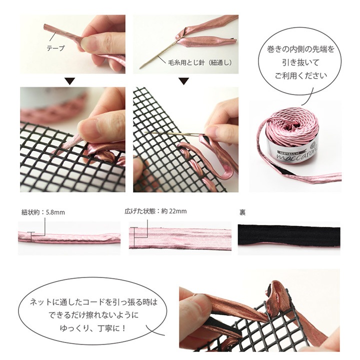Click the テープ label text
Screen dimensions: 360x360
[x=56, y=48]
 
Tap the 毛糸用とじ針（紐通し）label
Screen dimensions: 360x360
[x=199, y=62]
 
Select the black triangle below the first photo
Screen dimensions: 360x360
[x=70, y=81]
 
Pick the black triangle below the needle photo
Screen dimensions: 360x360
[x=183, y=81]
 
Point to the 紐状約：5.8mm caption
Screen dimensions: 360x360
[x=43, y=212]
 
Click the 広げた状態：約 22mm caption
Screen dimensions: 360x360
[x=155, y=211]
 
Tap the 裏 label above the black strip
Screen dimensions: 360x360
[x=242, y=212]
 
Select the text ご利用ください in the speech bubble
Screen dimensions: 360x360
[x=301, y=75]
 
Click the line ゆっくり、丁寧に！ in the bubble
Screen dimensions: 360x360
[x=93, y=328]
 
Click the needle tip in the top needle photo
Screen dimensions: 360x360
[x=140, y=68]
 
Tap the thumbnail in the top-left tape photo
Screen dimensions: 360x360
[x=87, y=43]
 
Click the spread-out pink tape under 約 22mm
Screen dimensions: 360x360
[x=180, y=238]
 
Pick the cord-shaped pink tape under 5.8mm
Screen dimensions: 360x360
[x=69, y=237]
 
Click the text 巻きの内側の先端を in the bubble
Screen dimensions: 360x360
[x=301, y=49]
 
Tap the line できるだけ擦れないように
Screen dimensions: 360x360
[x=93, y=315]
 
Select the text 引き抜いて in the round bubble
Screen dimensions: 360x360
[x=301, y=62]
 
